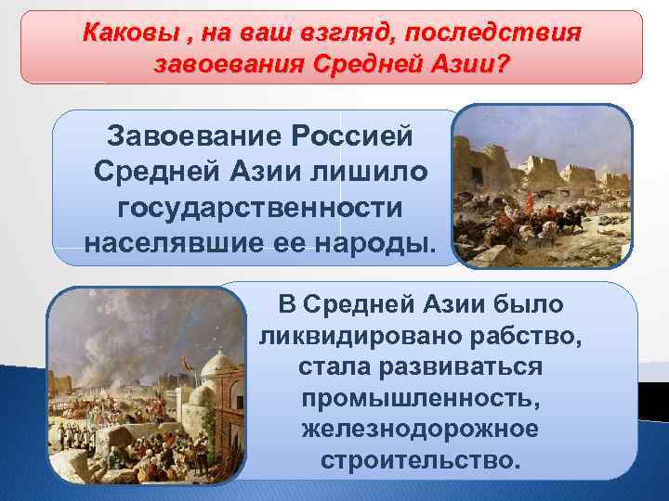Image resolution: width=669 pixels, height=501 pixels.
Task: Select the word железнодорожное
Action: [420, 430]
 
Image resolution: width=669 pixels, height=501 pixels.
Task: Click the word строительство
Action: [420, 461]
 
